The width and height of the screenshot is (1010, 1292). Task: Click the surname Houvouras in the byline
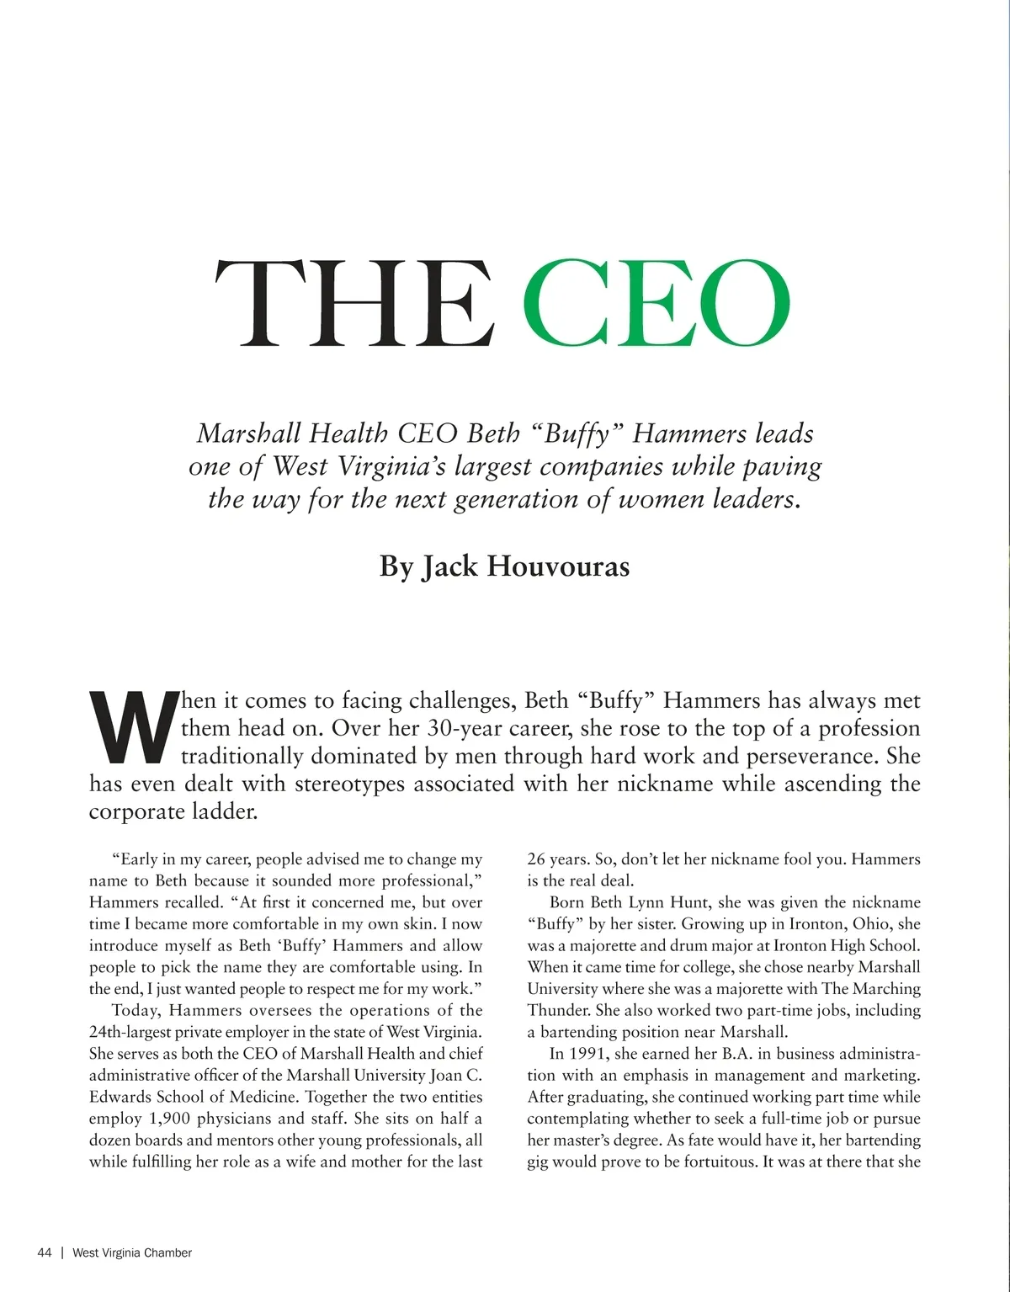click(x=558, y=566)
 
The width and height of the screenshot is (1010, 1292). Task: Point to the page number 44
click(x=45, y=1252)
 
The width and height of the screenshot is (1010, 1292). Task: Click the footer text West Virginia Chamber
click(x=132, y=1252)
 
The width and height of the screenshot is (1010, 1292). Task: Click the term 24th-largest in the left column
click(x=130, y=1032)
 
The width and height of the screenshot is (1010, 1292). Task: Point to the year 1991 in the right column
click(x=588, y=1054)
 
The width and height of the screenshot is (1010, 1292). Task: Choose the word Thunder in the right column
click(x=558, y=1010)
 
